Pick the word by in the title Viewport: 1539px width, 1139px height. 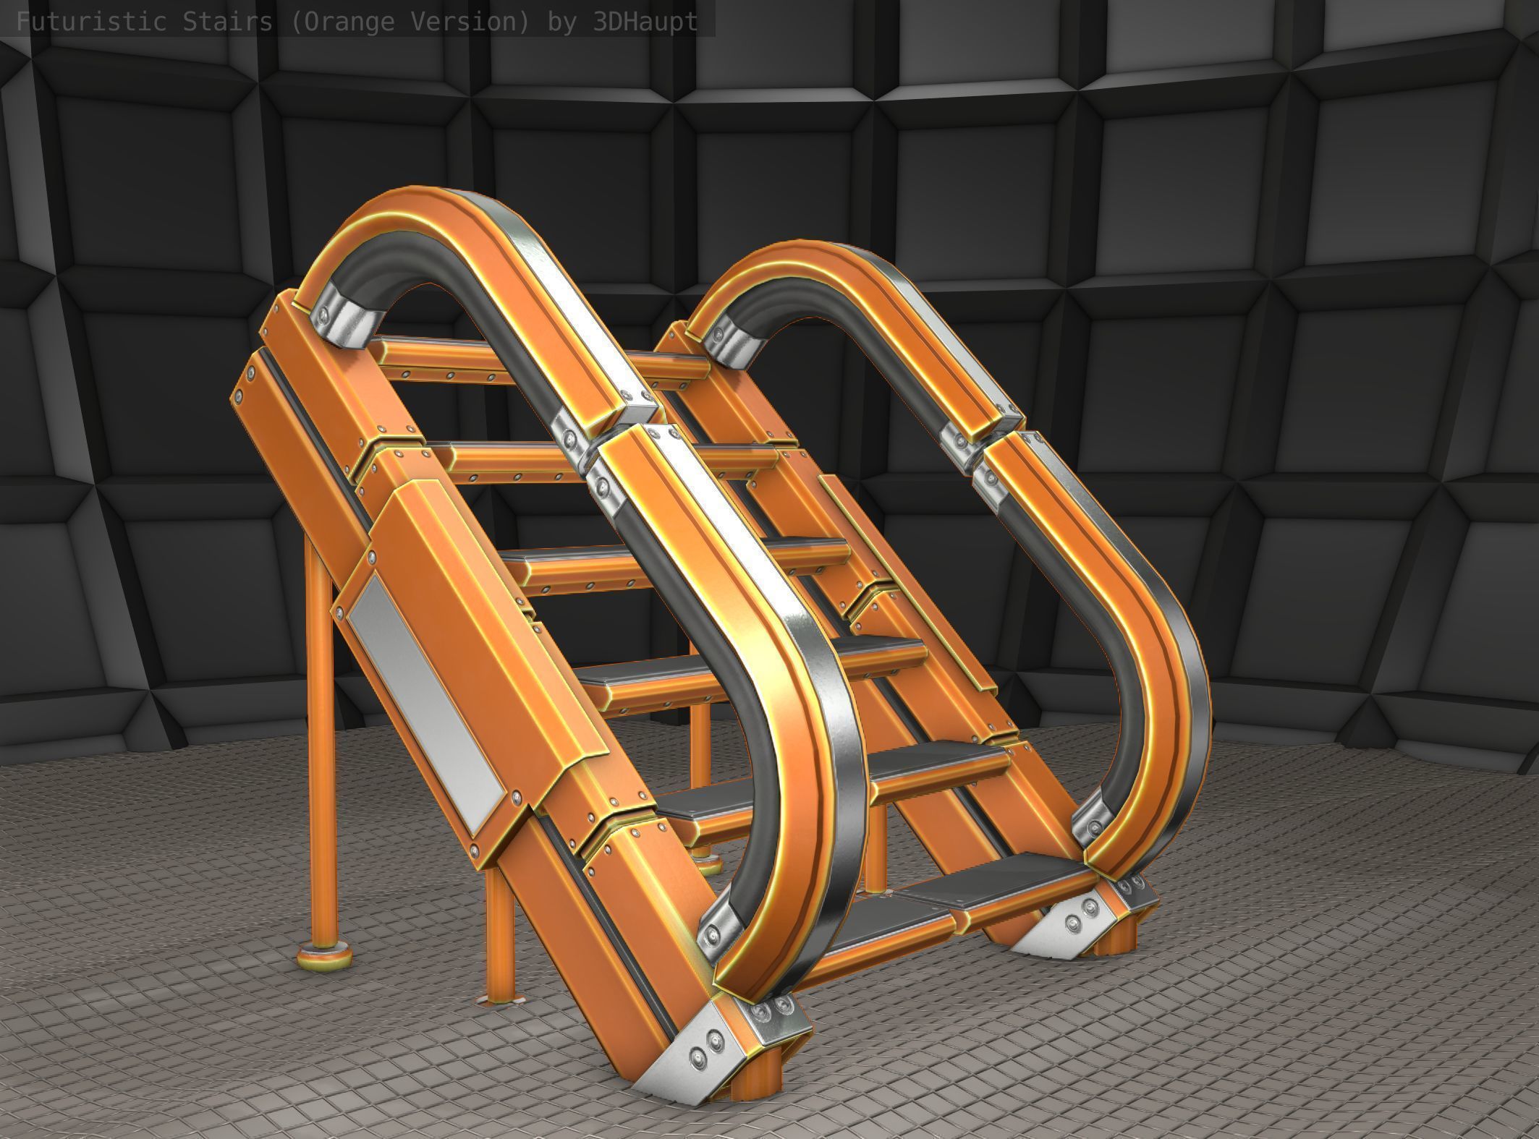pyautogui.click(x=562, y=22)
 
